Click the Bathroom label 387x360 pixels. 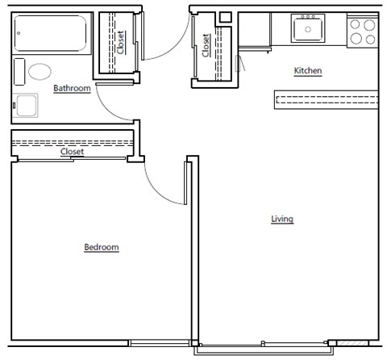[72, 88]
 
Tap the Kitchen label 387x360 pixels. [307, 71]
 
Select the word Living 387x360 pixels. [281, 219]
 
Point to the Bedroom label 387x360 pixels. [102, 247]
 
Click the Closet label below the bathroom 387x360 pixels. [72, 151]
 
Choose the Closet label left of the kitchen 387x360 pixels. [206, 44]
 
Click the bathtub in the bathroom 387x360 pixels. [51, 33]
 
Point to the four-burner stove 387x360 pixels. [363, 31]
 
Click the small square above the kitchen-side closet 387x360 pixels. [225, 16]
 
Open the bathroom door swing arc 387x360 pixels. [113, 101]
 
